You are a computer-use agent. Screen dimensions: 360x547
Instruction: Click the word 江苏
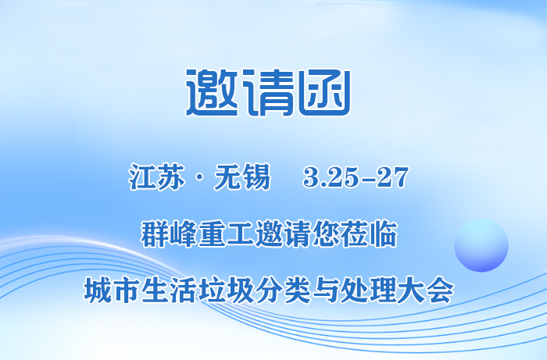(155, 178)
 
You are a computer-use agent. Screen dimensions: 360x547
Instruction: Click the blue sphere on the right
(481, 245)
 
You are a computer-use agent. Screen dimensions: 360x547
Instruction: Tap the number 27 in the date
(393, 178)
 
